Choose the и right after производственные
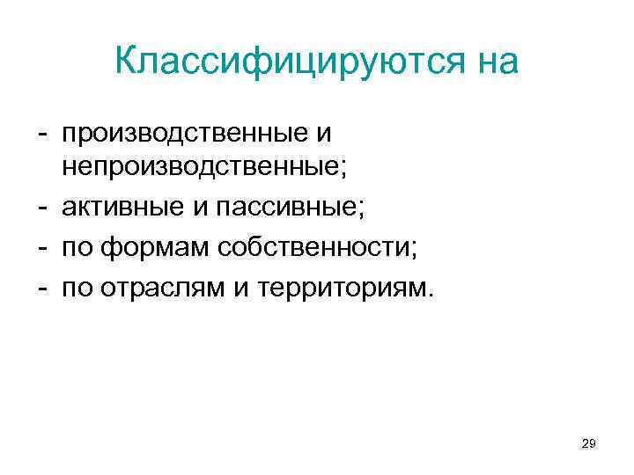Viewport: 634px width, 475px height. coord(323,135)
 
